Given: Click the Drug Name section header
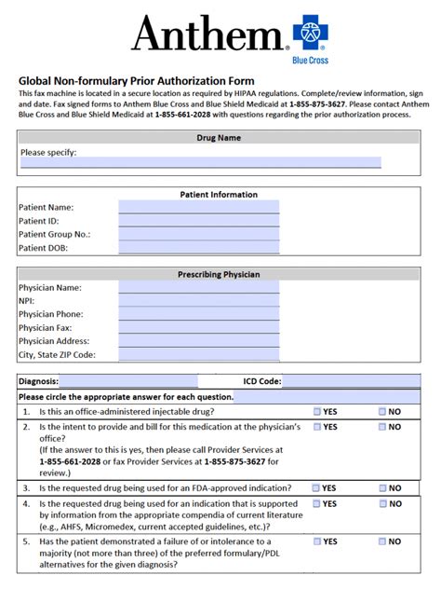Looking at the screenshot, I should (219, 138).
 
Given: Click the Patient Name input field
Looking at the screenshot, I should (198, 207).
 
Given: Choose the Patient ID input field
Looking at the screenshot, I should (198, 221).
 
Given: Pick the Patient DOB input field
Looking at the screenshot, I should (198, 248).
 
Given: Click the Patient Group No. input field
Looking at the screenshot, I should (198, 234).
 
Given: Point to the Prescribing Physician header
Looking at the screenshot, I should (219, 275).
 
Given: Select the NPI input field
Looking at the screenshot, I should (198, 301).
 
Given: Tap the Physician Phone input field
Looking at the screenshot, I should (198, 314).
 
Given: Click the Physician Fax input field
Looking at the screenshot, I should (198, 328).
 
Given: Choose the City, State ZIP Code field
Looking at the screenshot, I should (198, 355).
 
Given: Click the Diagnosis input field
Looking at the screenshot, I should (128, 381).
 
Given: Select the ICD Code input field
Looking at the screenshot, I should (357, 381).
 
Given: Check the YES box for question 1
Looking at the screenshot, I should (317, 411).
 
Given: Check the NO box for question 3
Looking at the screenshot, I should (382, 487).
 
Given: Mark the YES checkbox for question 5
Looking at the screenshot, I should (317, 541).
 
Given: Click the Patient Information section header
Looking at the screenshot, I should (219, 195).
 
